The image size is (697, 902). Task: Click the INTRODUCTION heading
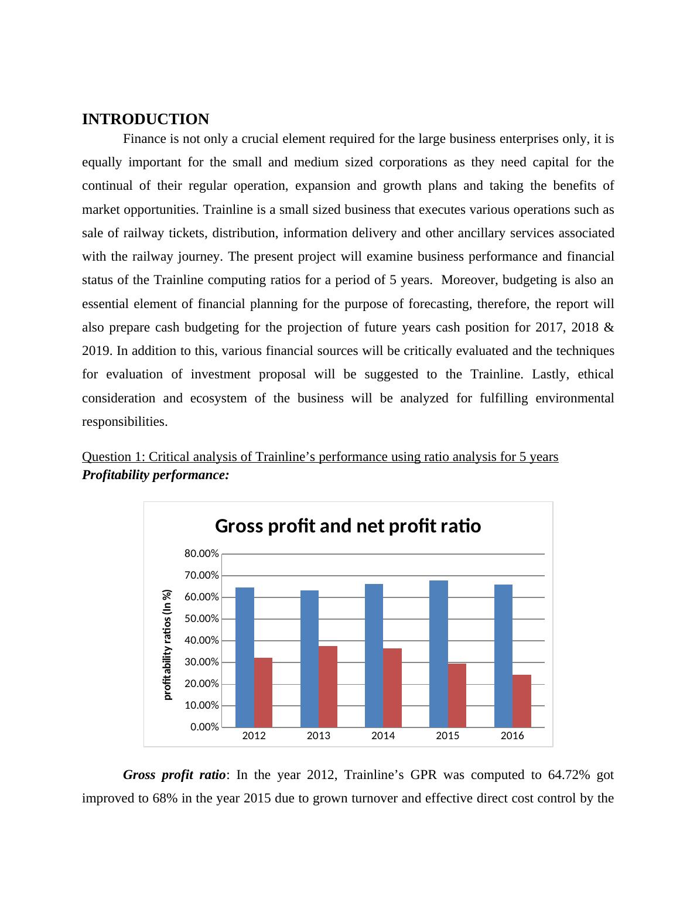[145, 119]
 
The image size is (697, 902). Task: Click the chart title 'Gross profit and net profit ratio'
[348, 526]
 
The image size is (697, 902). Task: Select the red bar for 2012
[263, 692]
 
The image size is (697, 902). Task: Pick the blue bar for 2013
[309, 659]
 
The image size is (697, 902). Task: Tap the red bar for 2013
[328, 686]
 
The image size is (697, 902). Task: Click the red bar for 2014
[392, 688]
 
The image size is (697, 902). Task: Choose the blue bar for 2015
[439, 654]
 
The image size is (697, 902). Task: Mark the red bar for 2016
[522, 701]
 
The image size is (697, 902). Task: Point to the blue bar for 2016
[503, 656]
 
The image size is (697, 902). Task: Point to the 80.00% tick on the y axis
[201, 553]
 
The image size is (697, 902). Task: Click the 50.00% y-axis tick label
[201, 619]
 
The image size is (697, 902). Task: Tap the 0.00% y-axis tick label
[204, 727]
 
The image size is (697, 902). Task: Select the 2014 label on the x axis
[383, 736]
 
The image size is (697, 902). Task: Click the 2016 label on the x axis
[512, 736]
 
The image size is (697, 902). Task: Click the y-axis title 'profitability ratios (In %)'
[168, 644]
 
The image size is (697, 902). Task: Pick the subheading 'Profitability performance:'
[155, 475]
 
